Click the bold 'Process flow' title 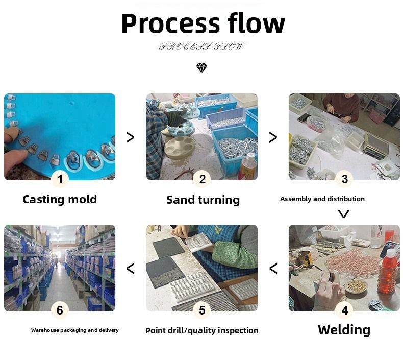click(203, 23)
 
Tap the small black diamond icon click(202, 68)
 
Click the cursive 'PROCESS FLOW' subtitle click(202, 46)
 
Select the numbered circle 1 click(60, 179)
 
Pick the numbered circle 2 click(202, 179)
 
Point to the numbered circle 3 click(344, 179)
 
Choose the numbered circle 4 click(344, 310)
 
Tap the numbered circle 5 click(202, 310)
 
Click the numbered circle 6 click(60, 310)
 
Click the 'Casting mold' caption click(60, 199)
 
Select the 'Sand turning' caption click(203, 200)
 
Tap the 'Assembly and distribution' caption click(322, 199)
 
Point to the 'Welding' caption click(344, 330)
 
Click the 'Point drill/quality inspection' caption click(202, 331)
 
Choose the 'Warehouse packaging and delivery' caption click(75, 330)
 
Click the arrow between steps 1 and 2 click(130, 137)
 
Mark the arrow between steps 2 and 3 click(273, 137)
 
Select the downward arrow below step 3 click(344, 214)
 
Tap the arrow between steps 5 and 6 click(130, 268)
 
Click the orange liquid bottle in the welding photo click(388, 271)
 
